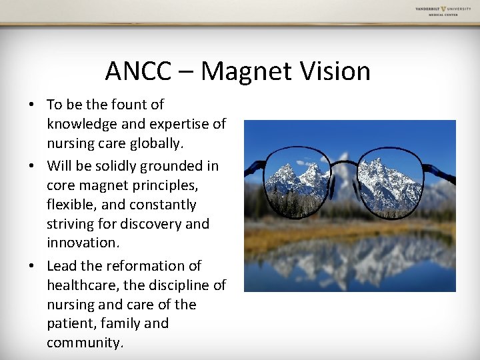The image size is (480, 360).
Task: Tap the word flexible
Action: [x=71, y=205]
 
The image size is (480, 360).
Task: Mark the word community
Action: [x=85, y=343]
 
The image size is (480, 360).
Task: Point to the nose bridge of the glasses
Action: [x=344, y=163]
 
